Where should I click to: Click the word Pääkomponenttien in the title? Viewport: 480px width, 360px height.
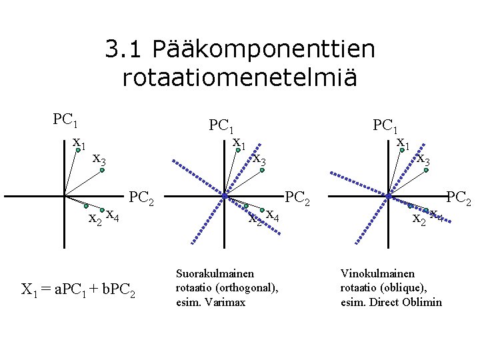(263, 49)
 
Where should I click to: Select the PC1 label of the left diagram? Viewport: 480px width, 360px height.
(66, 121)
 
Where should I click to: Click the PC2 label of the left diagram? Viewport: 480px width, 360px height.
(141, 198)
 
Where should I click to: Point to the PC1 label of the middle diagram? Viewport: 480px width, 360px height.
(221, 125)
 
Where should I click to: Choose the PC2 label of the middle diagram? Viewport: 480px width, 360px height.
(298, 198)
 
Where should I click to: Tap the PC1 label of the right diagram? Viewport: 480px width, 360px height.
(385, 125)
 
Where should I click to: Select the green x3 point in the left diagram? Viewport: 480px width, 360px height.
(102, 171)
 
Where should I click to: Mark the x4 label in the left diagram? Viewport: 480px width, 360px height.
(113, 215)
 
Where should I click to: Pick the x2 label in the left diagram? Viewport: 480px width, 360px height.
(95, 219)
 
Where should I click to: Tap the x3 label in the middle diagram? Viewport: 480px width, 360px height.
(259, 160)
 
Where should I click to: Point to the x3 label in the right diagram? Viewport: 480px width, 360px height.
(423, 160)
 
